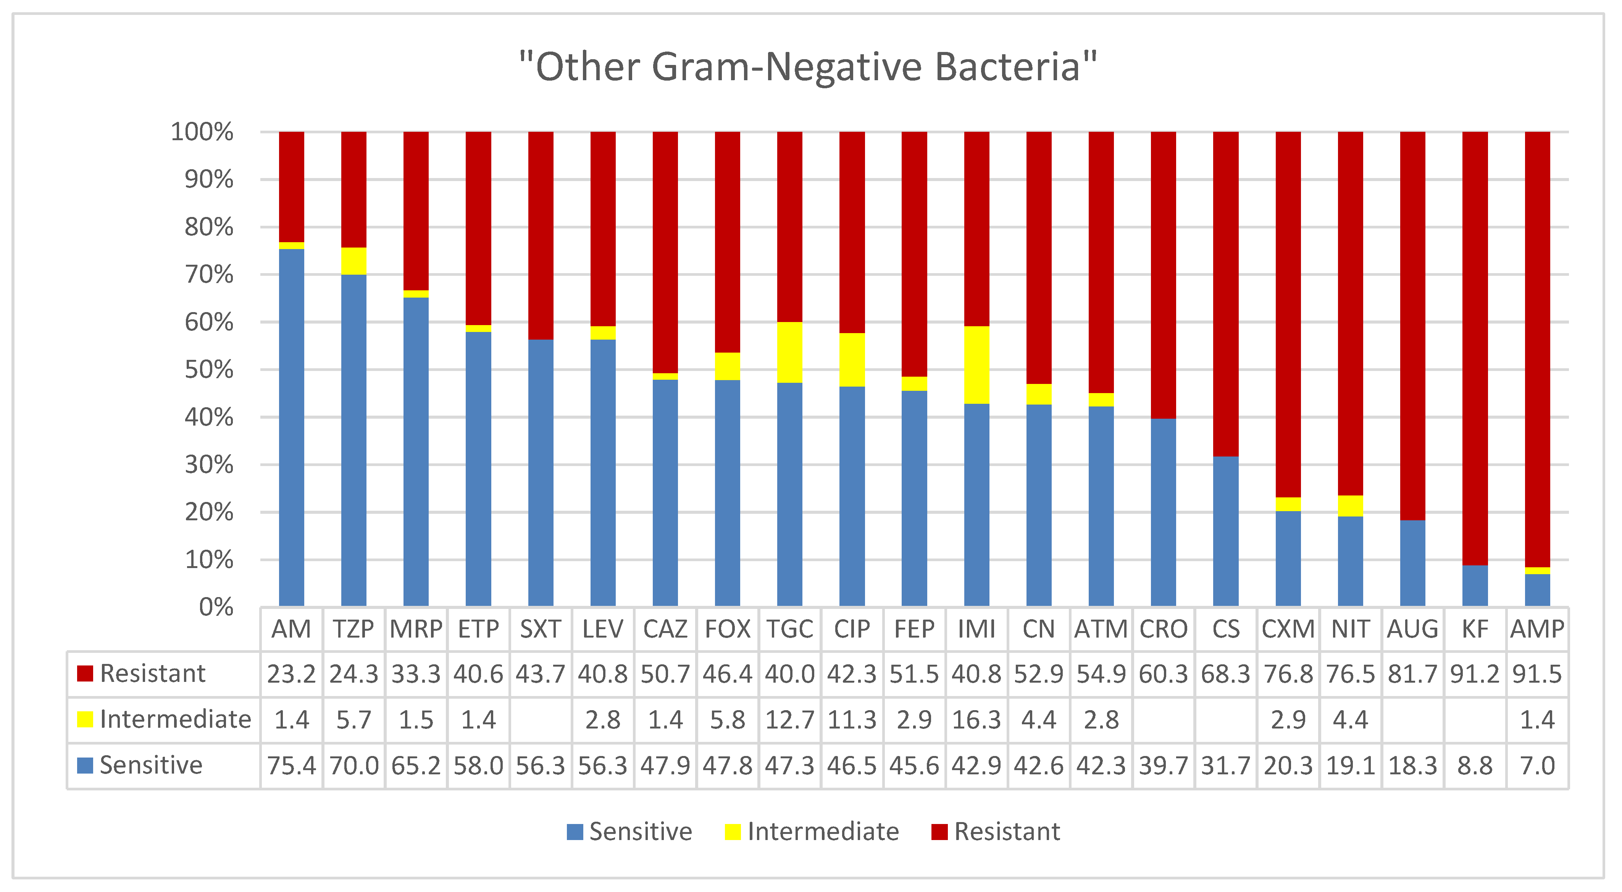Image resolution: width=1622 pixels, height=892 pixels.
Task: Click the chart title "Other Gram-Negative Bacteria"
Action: pos(808,67)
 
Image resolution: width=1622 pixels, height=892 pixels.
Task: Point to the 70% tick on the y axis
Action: pos(208,275)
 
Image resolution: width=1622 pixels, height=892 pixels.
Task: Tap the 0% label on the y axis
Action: pos(216,607)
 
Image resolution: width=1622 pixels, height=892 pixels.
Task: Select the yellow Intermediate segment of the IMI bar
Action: pos(976,365)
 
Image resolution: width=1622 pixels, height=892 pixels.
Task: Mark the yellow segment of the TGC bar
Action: pos(789,352)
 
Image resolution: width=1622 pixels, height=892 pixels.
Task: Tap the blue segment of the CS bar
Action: pos(1225,531)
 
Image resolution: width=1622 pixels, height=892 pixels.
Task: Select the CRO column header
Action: pos(1163,629)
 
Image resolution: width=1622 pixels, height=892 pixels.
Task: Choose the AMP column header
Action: pos(1537,629)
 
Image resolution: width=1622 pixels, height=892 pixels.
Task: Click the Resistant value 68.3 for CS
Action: pos(1225,674)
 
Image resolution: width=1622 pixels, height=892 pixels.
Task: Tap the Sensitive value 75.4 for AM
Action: pos(292,766)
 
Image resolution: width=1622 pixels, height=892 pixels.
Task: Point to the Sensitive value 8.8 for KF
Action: pos(1475,766)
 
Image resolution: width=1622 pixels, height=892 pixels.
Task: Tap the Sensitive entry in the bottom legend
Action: pos(640,832)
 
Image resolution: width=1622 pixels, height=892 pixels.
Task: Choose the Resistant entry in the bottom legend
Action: pos(1006,832)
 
